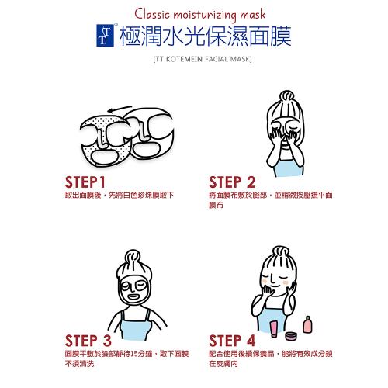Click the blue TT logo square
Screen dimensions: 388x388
pyautogui.click(x=105, y=36)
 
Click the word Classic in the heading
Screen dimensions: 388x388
pyautogui.click(x=152, y=14)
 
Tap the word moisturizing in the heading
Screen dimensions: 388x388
pyautogui.click(x=205, y=15)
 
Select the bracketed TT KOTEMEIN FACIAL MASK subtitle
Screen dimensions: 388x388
pyautogui.click(x=203, y=59)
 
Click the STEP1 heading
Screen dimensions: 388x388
pyautogui.click(x=85, y=182)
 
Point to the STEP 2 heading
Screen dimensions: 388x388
pyautogui.click(x=232, y=182)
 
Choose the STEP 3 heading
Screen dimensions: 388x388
pyautogui.click(x=88, y=341)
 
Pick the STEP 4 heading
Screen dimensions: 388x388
pyautogui.click(x=232, y=341)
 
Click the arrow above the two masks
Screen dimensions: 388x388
pyautogui.click(x=120, y=109)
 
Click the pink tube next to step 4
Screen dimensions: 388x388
pyautogui.click(x=274, y=329)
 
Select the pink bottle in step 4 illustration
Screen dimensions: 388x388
pyautogui.click(x=307, y=324)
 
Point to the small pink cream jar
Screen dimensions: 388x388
pyautogui.click(x=291, y=336)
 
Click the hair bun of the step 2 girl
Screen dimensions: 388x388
pyautogui.click(x=286, y=96)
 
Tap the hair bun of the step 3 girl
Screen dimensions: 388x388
pyautogui.click(x=133, y=256)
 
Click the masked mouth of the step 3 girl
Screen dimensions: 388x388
pyautogui.click(x=133, y=296)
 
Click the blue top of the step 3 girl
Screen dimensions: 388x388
pyautogui.click(x=134, y=328)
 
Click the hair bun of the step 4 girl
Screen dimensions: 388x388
pyautogui.click(x=281, y=252)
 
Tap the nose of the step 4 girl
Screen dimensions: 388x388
pyautogui.click(x=272, y=279)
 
